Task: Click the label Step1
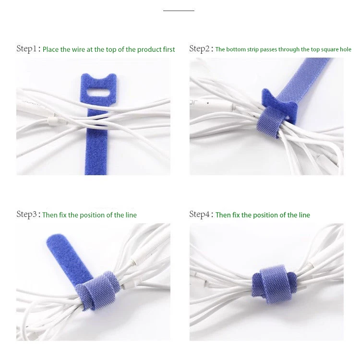[x=26, y=49]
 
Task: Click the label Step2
[x=200, y=48]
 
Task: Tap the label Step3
[x=26, y=215]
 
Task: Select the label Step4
[x=200, y=215]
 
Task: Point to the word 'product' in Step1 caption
[x=149, y=49]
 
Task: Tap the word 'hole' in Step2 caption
[x=345, y=49]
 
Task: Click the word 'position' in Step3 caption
[x=94, y=215]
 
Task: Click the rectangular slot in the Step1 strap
[x=99, y=92]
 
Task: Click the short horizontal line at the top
[x=179, y=10]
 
